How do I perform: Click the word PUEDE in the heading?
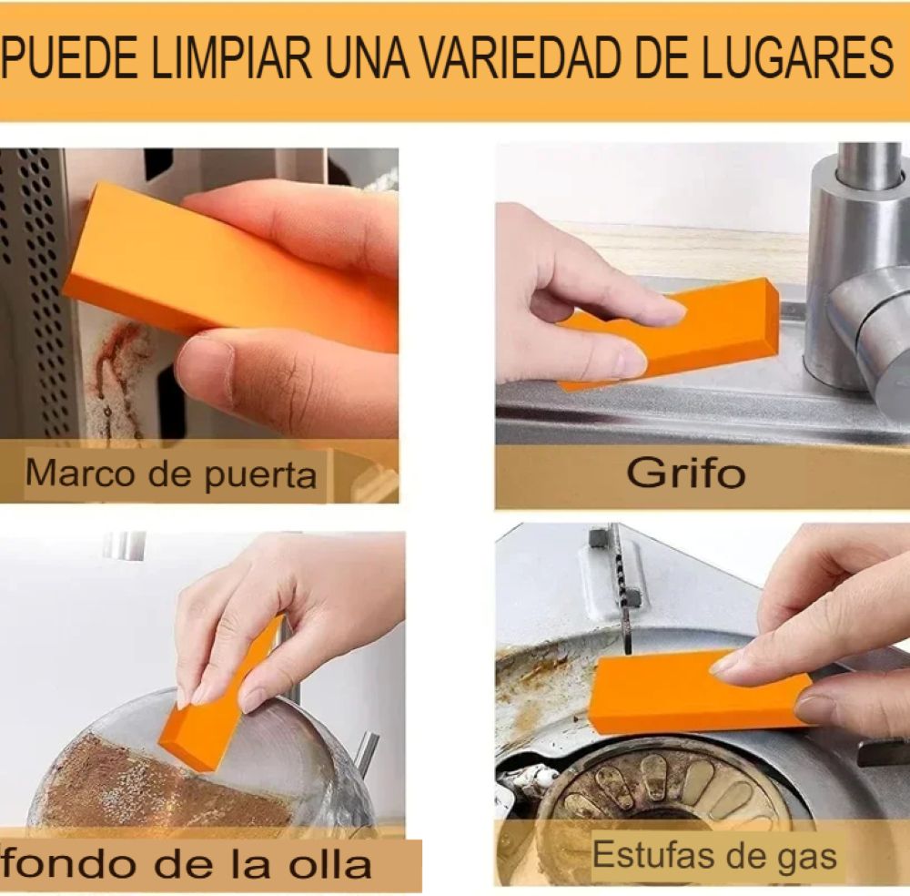pyautogui.click(x=70, y=56)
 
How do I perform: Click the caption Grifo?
pyautogui.click(x=685, y=473)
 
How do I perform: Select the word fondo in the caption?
pyautogui.click(x=69, y=863)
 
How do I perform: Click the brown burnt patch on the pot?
pyautogui.click(x=157, y=784)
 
